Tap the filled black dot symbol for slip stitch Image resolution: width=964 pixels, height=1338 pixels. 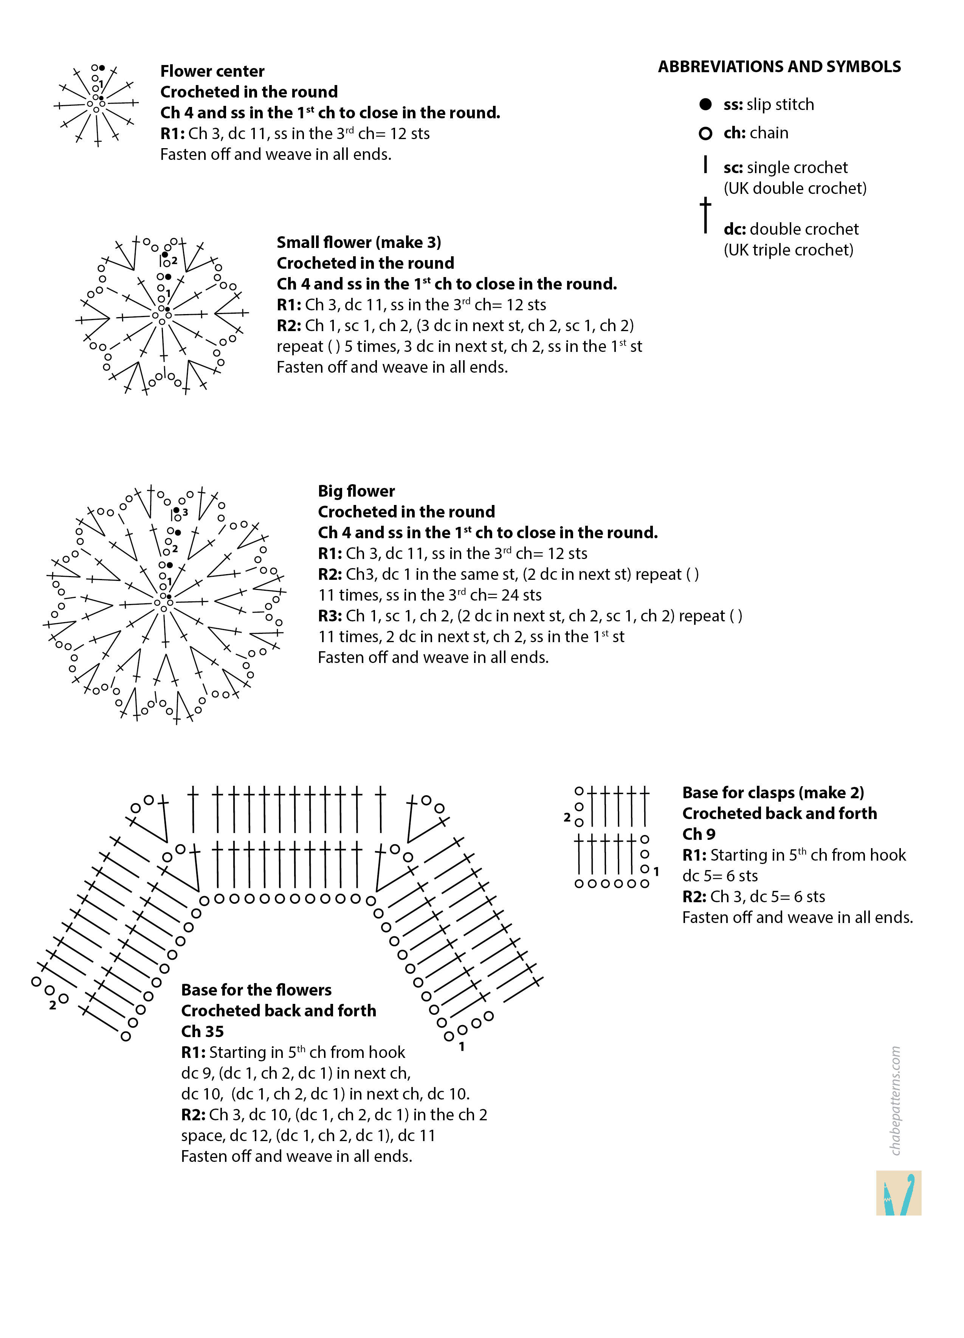point(705,104)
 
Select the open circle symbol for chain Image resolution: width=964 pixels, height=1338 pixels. point(705,134)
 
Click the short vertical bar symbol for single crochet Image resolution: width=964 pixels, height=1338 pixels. point(705,164)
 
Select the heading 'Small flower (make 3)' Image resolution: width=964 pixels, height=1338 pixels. point(359,243)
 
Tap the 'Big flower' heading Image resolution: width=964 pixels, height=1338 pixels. point(356,491)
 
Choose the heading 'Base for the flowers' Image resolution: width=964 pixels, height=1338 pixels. point(256,990)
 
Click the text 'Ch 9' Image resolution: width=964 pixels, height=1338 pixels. point(699,834)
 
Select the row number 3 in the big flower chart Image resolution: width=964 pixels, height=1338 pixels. point(185,512)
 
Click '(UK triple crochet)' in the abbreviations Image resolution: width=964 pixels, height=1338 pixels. point(788,250)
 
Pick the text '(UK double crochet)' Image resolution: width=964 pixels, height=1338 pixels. point(795,188)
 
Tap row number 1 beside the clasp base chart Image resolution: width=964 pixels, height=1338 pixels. point(656,871)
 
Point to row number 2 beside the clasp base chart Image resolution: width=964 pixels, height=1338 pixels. point(567,818)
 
